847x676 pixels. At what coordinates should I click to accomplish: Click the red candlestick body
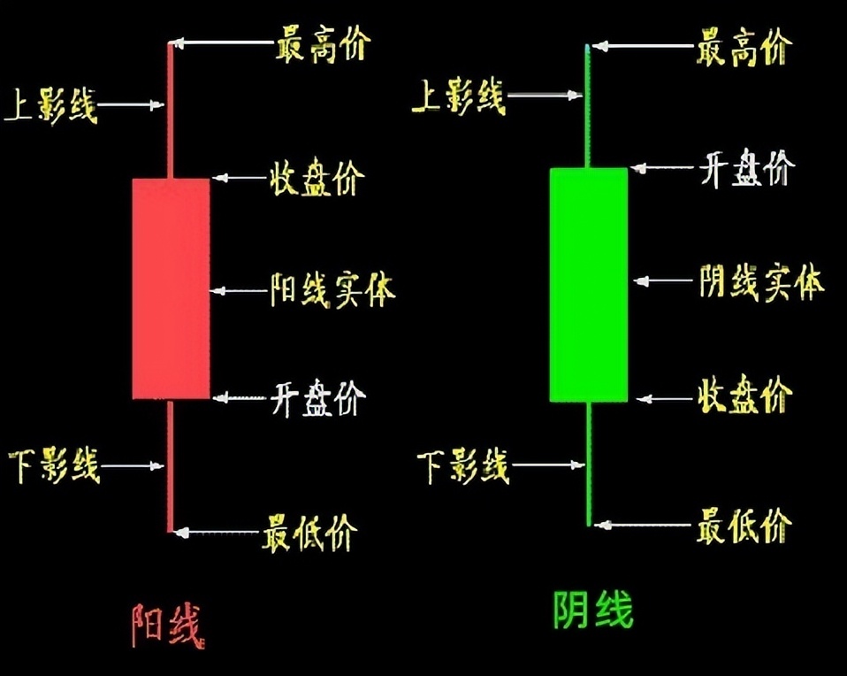pos(171,288)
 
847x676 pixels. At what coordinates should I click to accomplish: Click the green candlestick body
pos(588,284)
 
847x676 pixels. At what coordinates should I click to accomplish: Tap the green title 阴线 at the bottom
pos(593,610)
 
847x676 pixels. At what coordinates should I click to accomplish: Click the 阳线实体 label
pos(332,289)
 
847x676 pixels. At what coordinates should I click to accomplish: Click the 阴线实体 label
pos(761,282)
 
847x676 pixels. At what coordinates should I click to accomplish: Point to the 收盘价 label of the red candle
pos(316,179)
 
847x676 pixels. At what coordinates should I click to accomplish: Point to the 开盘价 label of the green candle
pos(747,168)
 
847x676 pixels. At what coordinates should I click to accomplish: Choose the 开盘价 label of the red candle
pos(317,399)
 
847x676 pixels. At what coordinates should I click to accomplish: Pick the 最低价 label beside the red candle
pos(309,533)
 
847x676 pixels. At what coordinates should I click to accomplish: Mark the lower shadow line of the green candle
pos(588,465)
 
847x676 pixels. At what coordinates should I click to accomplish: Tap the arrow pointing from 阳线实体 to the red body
pos(239,289)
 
